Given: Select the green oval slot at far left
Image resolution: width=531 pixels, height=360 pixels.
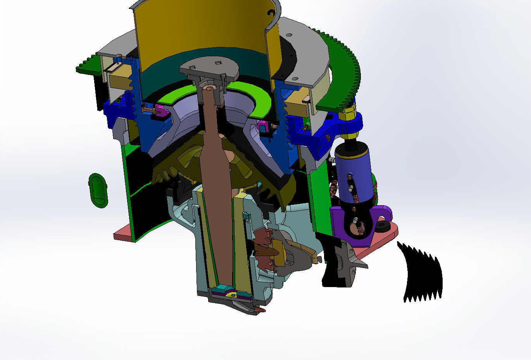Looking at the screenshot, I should coord(98,190).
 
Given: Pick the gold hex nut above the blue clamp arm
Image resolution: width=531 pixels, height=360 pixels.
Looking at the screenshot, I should coord(347,113).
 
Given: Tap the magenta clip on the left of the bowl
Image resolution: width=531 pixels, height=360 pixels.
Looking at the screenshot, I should coord(162,112).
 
